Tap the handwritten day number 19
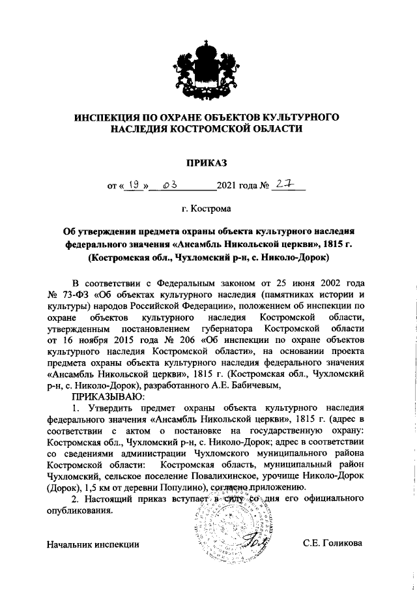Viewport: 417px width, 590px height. click(x=134, y=186)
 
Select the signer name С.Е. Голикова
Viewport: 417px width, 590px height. click(x=332, y=543)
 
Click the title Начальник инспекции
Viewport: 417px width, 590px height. click(x=94, y=544)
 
